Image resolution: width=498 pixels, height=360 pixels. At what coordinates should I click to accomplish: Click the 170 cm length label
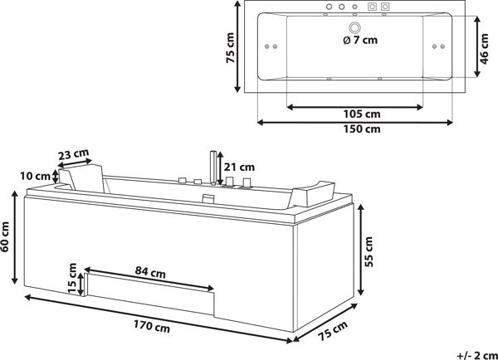152,326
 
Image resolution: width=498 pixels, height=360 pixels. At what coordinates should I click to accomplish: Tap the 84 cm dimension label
150,272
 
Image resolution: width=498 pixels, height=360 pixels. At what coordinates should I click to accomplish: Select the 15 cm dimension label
72,279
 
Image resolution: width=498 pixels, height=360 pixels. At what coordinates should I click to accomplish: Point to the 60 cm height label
5,236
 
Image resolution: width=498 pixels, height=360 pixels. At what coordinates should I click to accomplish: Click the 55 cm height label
369,251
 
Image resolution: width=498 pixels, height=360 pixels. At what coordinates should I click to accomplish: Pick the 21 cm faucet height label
240,167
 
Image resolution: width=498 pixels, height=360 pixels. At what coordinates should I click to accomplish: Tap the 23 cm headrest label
73,154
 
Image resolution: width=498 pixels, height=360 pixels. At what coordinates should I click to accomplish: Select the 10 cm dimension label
35,176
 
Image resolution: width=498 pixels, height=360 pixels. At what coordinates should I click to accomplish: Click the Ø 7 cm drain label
360,40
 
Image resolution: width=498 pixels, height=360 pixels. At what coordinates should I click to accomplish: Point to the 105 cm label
362,114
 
